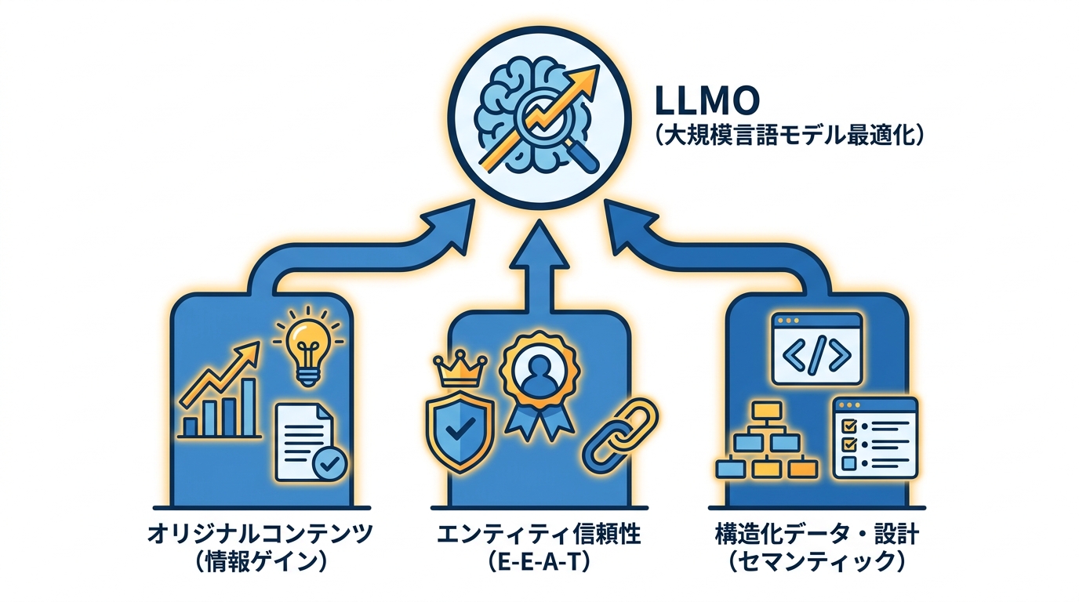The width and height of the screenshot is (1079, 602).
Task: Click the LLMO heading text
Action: [707, 102]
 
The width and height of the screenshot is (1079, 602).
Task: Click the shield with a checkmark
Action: [460, 427]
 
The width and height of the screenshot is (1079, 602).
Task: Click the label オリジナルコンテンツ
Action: [261, 535]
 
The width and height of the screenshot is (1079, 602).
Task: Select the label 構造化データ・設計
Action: [816, 535]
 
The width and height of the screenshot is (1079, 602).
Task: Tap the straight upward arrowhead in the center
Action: [539, 244]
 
